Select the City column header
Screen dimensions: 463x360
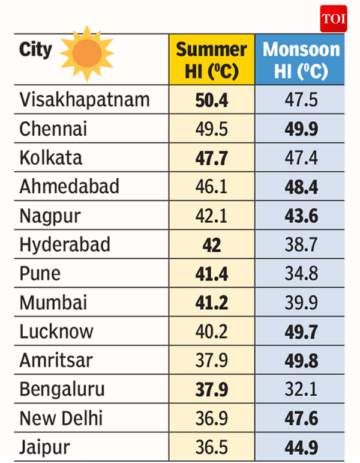[x=36, y=49]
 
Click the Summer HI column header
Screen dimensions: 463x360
[x=211, y=60]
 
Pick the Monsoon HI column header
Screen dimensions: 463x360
[x=301, y=60]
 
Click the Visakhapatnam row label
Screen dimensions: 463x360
[x=85, y=99]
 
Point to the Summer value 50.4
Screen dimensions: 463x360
[x=211, y=100]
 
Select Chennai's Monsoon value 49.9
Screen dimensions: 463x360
[x=301, y=129]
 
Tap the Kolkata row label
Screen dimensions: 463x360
[x=51, y=158]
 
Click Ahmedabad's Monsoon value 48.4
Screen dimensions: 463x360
[x=301, y=187]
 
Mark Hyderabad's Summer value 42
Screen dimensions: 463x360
[x=211, y=245]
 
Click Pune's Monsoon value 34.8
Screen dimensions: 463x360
[x=301, y=274]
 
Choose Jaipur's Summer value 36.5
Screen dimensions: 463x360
[x=211, y=447]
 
